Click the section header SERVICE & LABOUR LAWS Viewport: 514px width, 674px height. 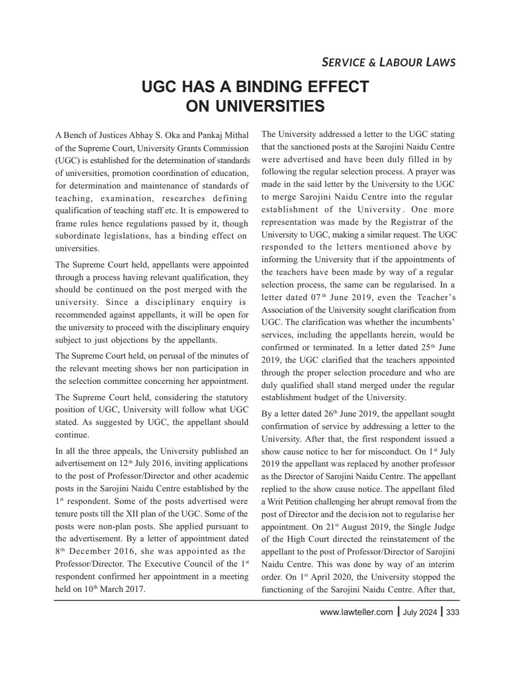coord(388,62)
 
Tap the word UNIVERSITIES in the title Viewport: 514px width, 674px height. coord(255,106)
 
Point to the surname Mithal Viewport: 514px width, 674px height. coord(236,135)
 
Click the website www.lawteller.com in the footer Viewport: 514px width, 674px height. coord(356,612)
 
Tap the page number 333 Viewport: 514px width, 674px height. coord(452,612)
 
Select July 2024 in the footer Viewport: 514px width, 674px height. coord(420,612)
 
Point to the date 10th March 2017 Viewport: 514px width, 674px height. coord(100,589)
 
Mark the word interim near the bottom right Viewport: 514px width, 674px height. coord(442,564)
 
